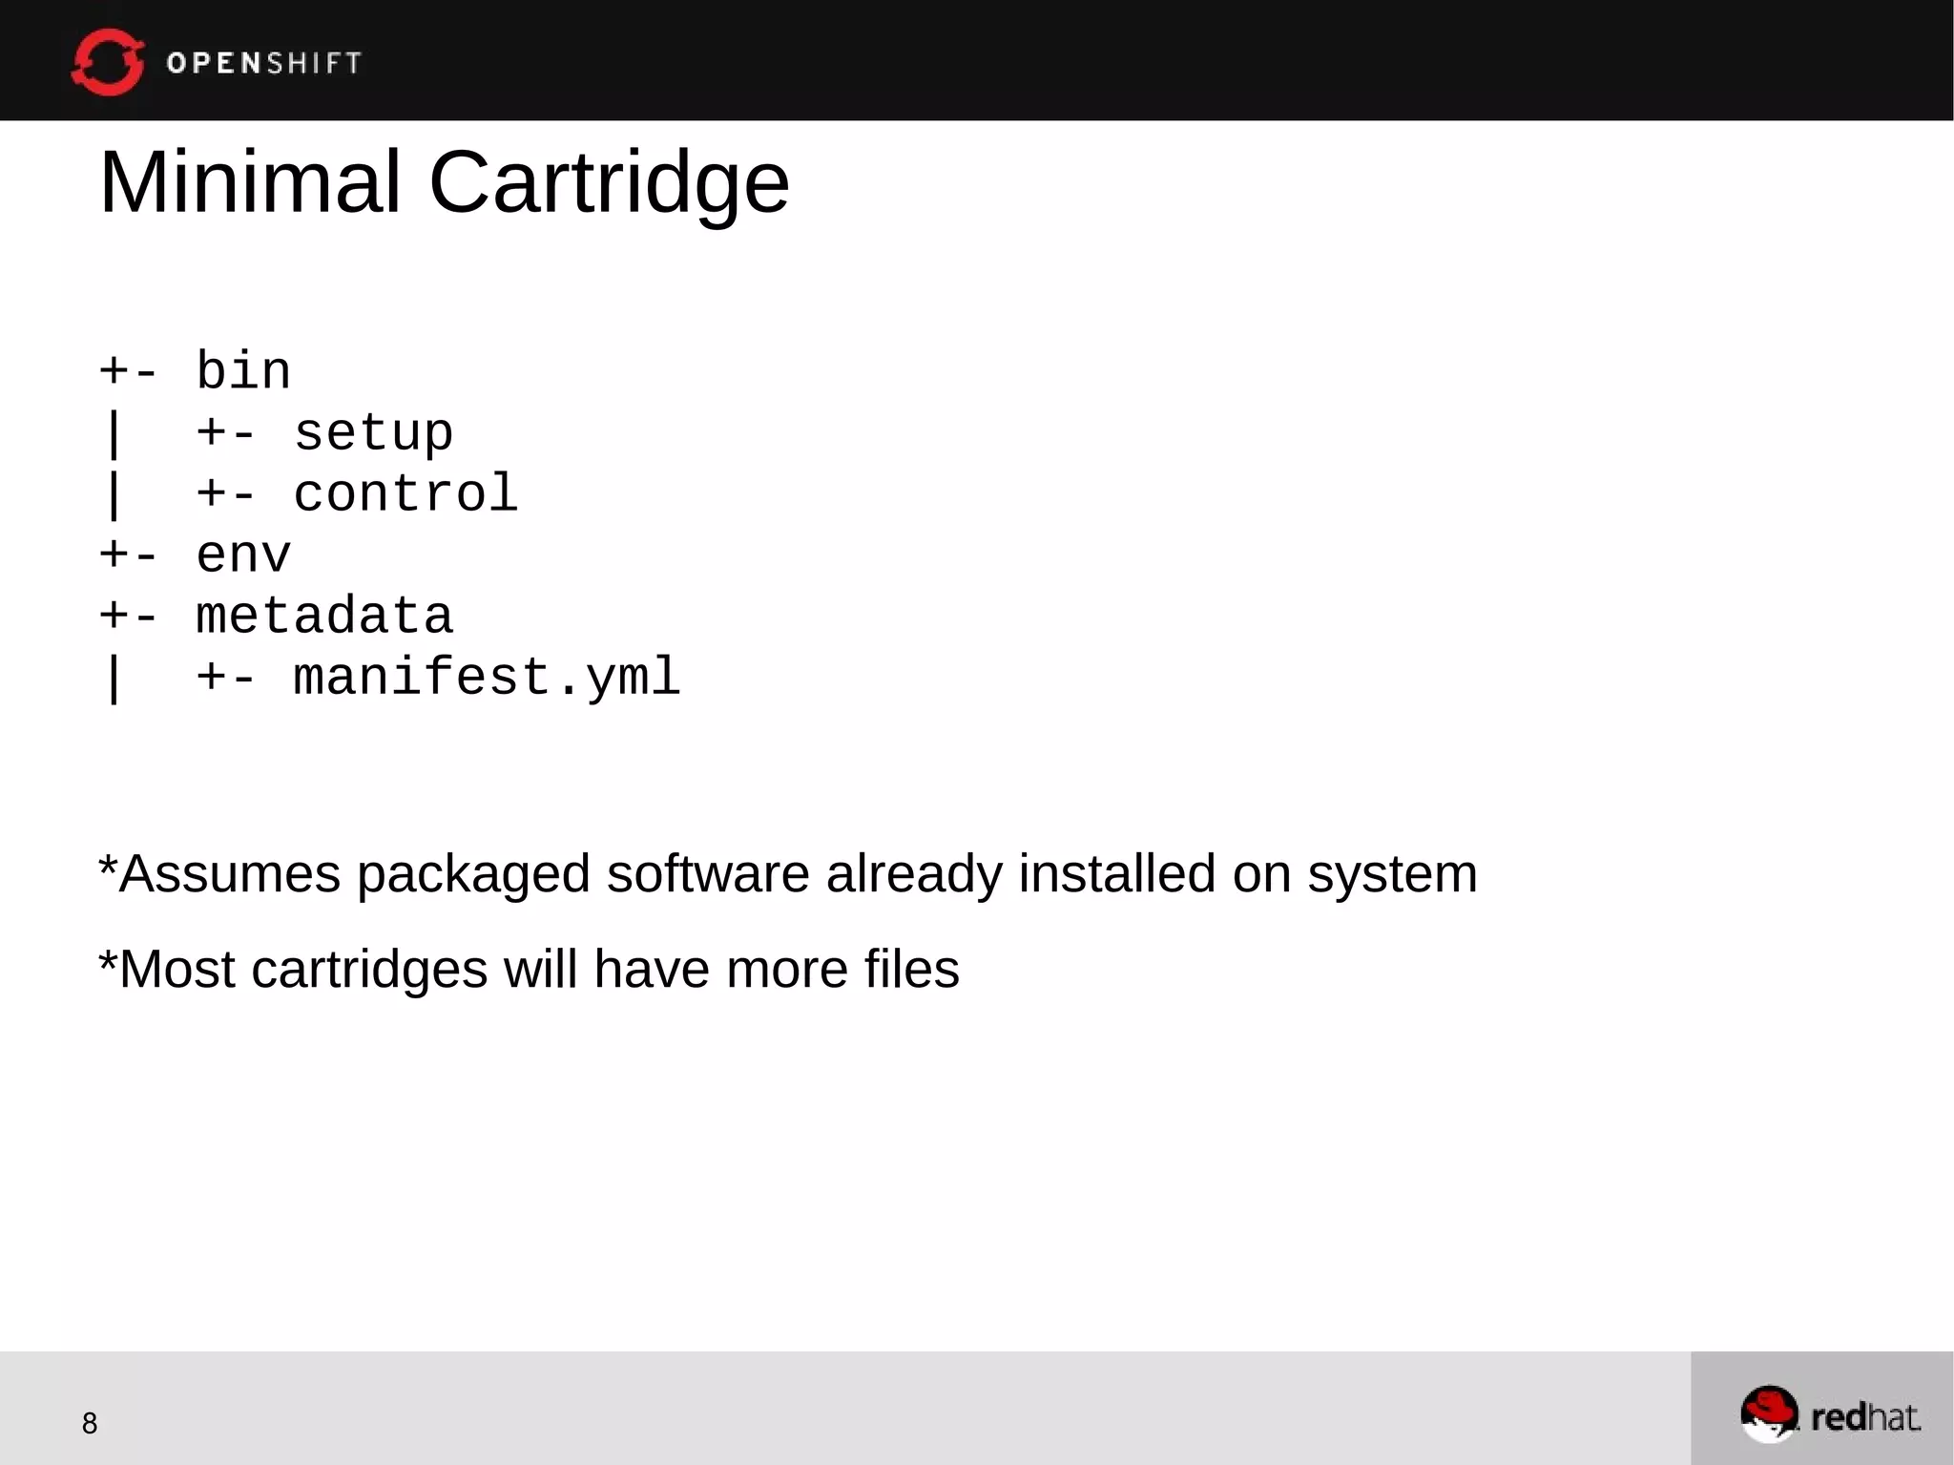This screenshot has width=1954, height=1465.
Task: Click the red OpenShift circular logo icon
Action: pyautogui.click(x=108, y=62)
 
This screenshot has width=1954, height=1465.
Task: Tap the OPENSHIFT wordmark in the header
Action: pyautogui.click(x=264, y=63)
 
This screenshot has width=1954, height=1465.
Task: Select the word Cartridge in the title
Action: pyautogui.click(x=609, y=183)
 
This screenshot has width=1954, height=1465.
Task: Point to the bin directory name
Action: pyautogui.click(x=243, y=370)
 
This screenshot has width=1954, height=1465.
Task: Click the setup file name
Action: pyautogui.click(x=373, y=433)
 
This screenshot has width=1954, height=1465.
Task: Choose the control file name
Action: pyautogui.click(x=405, y=494)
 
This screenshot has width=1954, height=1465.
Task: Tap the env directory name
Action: pyautogui.click(x=243, y=555)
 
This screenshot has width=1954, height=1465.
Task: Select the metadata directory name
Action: pyautogui.click(x=324, y=617)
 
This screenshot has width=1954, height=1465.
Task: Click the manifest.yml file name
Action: pyautogui.click(x=487, y=678)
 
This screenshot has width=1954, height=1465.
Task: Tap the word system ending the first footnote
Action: pyautogui.click(x=1392, y=875)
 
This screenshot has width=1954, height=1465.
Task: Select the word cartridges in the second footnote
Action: pyautogui.click(x=369, y=970)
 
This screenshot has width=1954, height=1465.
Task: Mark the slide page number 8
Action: pyautogui.click(x=90, y=1423)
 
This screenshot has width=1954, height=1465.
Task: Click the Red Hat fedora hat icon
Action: pyautogui.click(x=1769, y=1413)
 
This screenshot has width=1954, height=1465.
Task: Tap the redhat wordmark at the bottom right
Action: pyautogui.click(x=1865, y=1417)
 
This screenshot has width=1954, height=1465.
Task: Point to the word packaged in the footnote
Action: pyautogui.click(x=473, y=875)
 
